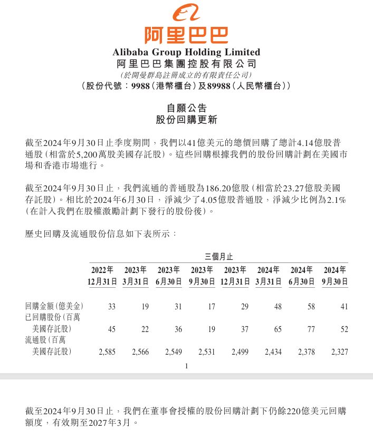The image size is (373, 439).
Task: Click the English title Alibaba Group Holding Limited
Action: point(186,52)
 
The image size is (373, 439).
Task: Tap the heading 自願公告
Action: point(186,108)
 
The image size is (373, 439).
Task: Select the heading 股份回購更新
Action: point(186,120)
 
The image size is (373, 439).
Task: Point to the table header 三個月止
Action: point(218,257)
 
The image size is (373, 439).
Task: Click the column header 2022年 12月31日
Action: point(102,276)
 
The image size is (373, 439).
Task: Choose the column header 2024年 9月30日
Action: point(335,276)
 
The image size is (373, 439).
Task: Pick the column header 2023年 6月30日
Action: point(169,276)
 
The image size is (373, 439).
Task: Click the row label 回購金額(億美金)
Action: point(54,306)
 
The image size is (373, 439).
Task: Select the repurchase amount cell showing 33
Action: point(111,306)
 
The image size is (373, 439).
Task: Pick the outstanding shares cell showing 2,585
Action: point(108,352)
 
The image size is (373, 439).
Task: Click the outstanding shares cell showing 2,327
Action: point(339,352)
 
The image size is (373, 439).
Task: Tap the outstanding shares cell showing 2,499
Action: point(240,352)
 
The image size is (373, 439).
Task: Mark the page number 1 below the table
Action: point(187,365)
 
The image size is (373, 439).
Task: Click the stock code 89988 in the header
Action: point(218,85)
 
